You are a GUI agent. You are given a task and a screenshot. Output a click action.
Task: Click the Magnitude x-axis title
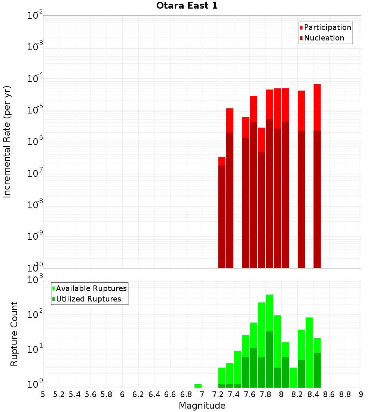[202, 406]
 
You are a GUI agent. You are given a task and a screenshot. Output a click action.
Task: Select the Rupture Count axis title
[14, 333]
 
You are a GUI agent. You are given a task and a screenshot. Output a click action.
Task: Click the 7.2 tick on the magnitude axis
[218, 394]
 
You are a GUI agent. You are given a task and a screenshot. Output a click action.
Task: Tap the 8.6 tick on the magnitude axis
[329, 394]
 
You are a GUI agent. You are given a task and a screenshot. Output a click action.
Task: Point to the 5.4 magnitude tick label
[75, 394]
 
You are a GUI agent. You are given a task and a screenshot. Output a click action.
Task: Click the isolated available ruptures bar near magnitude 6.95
[198, 386]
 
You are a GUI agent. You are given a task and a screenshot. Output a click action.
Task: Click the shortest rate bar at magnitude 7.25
[222, 213]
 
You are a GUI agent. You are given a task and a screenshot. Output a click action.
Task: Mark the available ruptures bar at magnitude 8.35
[309, 352]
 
